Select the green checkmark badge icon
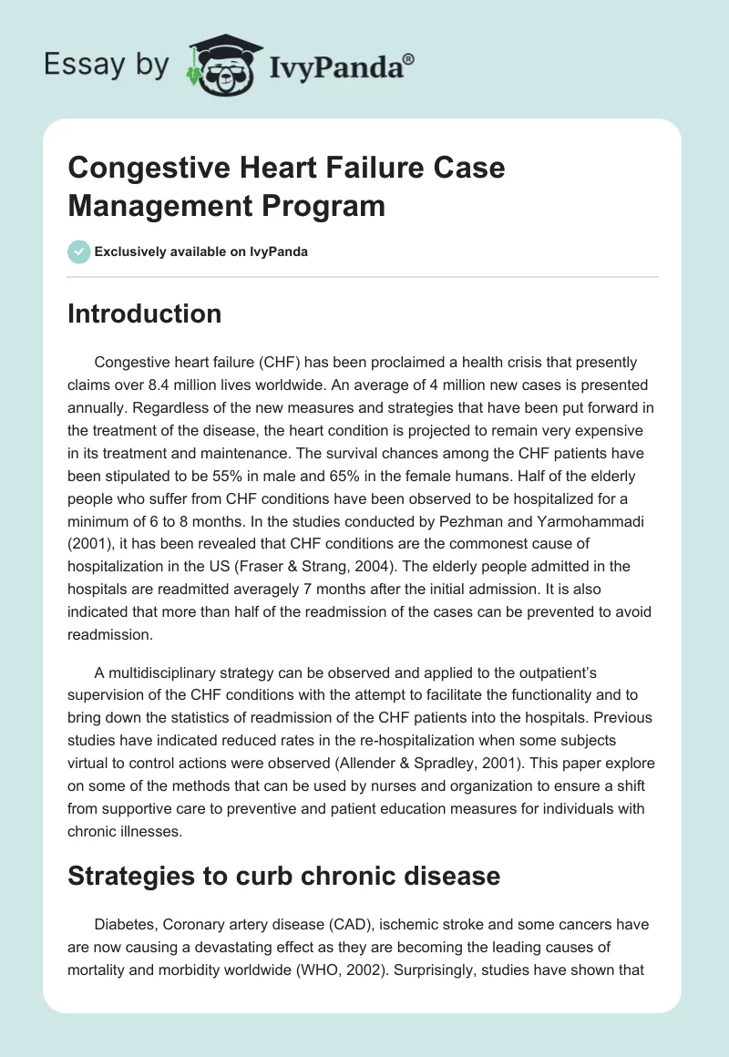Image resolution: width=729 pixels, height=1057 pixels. pyautogui.click(x=78, y=251)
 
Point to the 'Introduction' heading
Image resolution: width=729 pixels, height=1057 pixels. pyautogui.click(x=145, y=313)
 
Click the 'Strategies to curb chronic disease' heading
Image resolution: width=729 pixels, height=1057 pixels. pyautogui.click(x=284, y=876)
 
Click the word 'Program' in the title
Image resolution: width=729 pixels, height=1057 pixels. pyautogui.click(x=324, y=204)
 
